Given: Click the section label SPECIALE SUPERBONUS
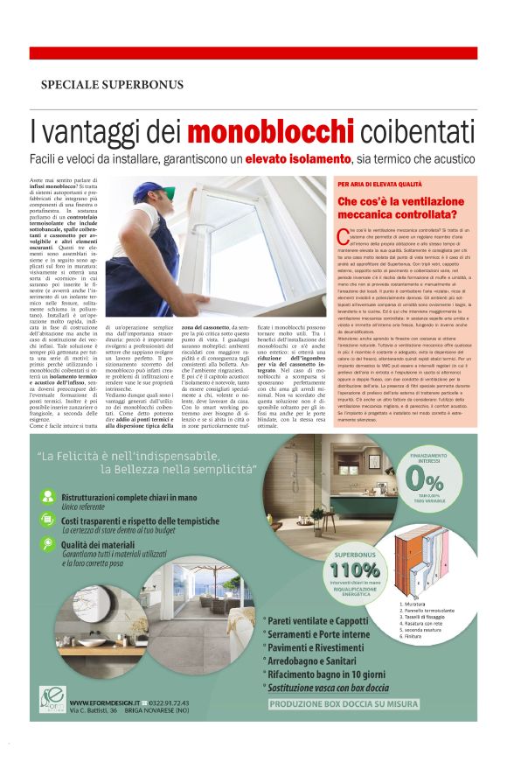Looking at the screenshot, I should coord(112,85).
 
